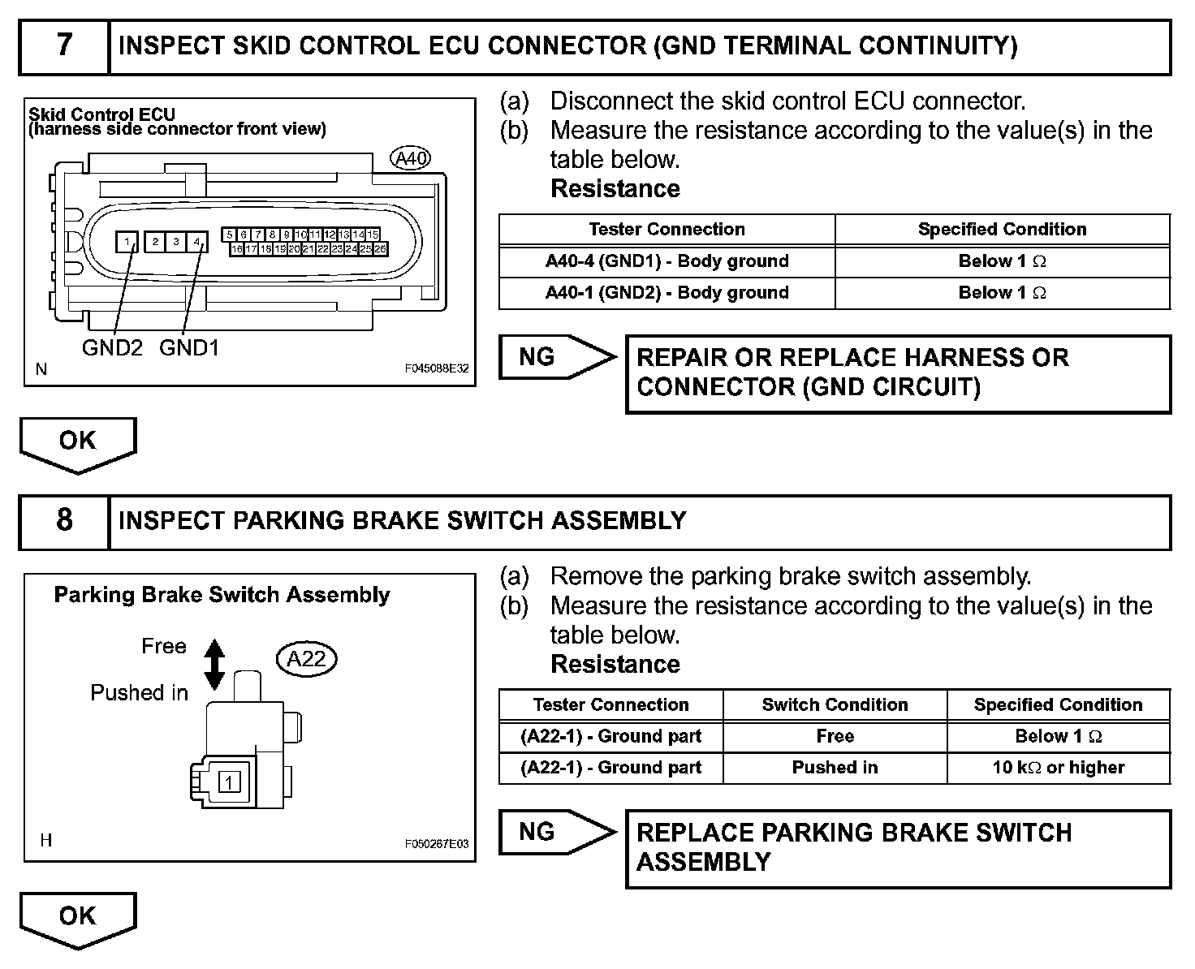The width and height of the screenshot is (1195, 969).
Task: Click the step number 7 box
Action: pyautogui.click(x=64, y=45)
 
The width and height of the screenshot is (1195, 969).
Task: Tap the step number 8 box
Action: pyautogui.click(x=64, y=520)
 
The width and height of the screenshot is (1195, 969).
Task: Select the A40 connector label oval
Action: pyautogui.click(x=410, y=159)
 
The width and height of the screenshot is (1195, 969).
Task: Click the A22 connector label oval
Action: pyautogui.click(x=306, y=659)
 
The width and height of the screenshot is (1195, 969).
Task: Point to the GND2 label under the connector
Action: pyautogui.click(x=112, y=348)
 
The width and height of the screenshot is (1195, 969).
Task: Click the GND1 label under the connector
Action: pyautogui.click(x=189, y=348)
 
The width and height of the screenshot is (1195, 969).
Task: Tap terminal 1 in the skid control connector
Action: pyautogui.click(x=127, y=241)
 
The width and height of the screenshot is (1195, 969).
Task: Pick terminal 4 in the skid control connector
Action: pyautogui.click(x=196, y=241)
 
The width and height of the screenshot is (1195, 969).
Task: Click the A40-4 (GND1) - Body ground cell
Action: pyautogui.click(x=667, y=261)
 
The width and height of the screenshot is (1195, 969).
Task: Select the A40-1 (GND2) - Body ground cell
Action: pyautogui.click(x=667, y=293)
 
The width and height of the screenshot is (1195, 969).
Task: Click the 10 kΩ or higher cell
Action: pyautogui.click(x=1058, y=768)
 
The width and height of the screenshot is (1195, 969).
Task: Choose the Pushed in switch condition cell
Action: pyautogui.click(x=835, y=768)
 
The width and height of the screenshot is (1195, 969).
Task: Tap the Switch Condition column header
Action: pyautogui.click(x=835, y=704)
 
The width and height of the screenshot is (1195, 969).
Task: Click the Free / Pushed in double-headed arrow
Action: pyautogui.click(x=214, y=665)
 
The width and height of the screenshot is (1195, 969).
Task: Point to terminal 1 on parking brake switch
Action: pyautogui.click(x=231, y=782)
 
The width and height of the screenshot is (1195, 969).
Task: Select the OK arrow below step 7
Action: pyautogui.click(x=78, y=443)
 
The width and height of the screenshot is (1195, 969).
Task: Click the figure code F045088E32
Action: pyautogui.click(x=437, y=368)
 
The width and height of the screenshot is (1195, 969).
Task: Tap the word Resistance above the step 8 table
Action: pyautogui.click(x=615, y=664)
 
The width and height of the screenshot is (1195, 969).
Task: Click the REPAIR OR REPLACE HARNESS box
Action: pyautogui.click(x=898, y=373)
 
